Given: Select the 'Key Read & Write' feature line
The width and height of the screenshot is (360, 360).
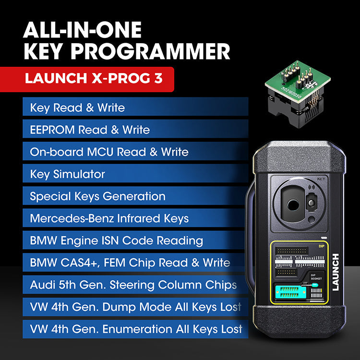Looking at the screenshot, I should coord(77,108).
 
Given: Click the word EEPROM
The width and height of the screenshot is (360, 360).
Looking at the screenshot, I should coord(52,130).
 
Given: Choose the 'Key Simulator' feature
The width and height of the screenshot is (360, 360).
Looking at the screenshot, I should coord(67,174).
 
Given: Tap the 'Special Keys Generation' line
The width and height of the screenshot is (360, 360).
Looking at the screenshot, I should coord(97,196).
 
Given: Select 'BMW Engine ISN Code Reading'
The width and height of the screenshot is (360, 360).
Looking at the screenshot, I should coord(116,240).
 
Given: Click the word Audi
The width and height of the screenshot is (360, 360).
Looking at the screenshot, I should coord(41,285).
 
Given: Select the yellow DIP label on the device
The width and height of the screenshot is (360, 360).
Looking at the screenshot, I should coord(322,247).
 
